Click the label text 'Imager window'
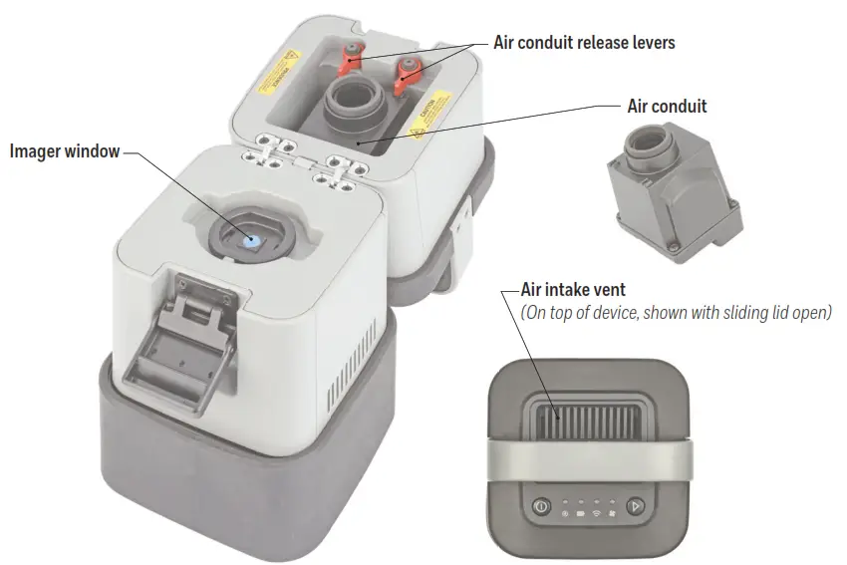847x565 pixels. point(64,151)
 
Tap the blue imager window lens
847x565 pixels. point(250,240)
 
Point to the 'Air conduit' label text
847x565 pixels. point(667,105)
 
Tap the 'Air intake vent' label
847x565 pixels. point(573,289)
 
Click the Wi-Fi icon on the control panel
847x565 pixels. point(597,514)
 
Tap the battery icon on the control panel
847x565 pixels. point(578,514)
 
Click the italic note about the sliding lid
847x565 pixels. point(676,312)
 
